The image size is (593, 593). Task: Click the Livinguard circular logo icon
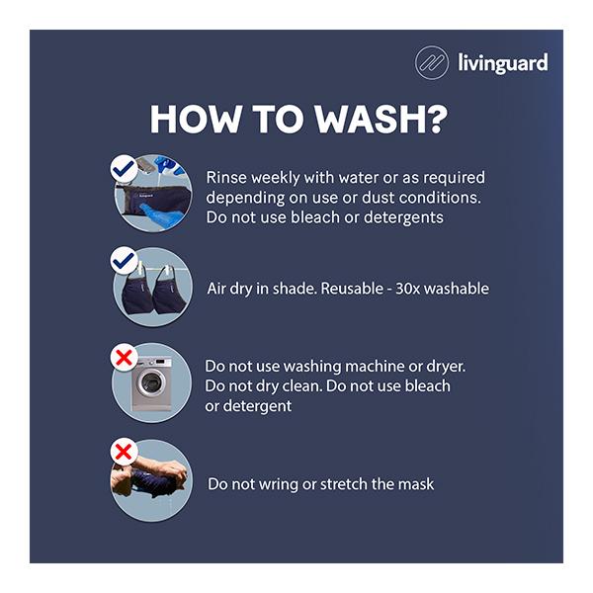pos(432,62)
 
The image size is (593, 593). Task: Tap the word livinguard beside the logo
pos(503,63)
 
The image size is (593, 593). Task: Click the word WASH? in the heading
pos(381,120)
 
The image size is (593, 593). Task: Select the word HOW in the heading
pos(196,120)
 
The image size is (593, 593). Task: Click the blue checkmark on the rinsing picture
pos(125,169)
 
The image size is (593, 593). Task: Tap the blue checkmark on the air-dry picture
pos(124,261)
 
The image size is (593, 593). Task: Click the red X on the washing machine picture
pos(125,358)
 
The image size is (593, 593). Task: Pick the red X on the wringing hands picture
pos(124,452)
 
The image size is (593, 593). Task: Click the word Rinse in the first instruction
pos(226,177)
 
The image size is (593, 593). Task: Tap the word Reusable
pos(352,289)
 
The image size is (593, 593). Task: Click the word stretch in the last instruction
pos(344,484)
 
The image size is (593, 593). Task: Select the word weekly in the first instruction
pos(276,178)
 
